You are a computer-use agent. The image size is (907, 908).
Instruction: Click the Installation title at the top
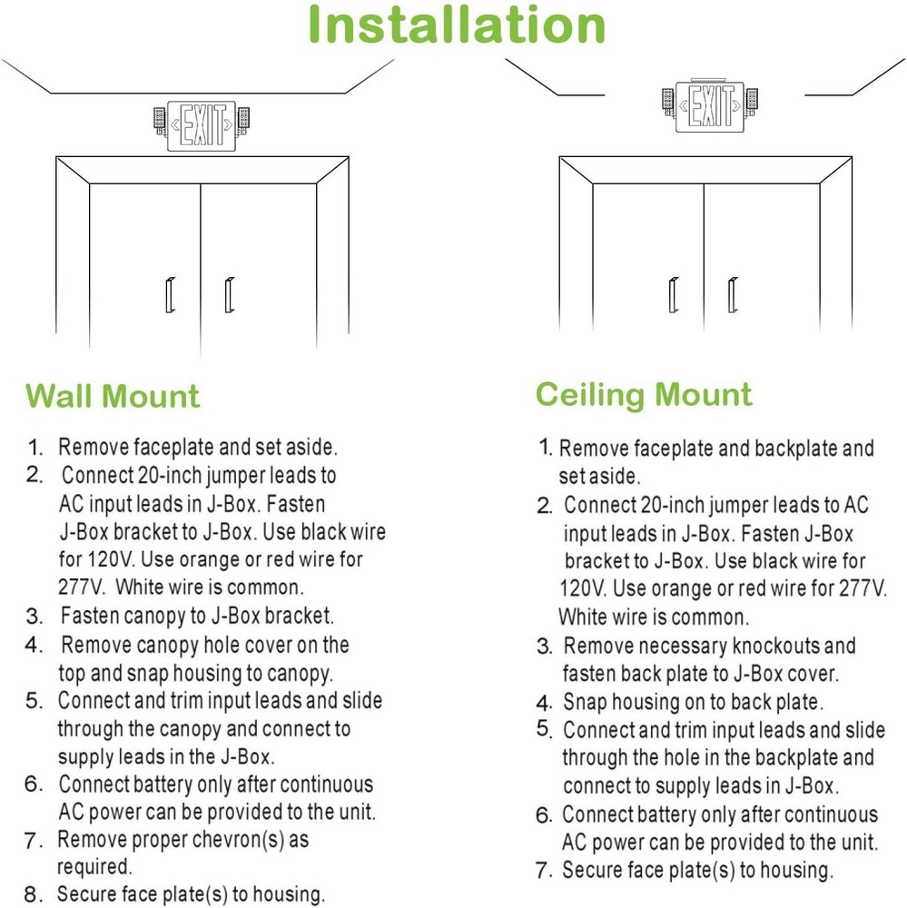457,25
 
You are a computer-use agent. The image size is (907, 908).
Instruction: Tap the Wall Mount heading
113,397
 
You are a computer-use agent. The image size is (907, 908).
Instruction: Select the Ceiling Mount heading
643,395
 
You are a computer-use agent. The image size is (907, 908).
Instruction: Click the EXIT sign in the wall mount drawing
203,124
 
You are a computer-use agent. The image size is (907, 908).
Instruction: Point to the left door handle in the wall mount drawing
170,296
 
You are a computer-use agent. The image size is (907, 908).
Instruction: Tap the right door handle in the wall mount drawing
229,296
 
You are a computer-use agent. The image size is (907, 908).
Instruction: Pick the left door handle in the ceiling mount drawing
673,295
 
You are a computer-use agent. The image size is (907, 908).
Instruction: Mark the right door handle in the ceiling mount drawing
731,295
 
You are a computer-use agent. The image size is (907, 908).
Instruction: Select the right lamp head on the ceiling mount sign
752,98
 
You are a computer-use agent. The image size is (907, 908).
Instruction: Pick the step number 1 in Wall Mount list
35,448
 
